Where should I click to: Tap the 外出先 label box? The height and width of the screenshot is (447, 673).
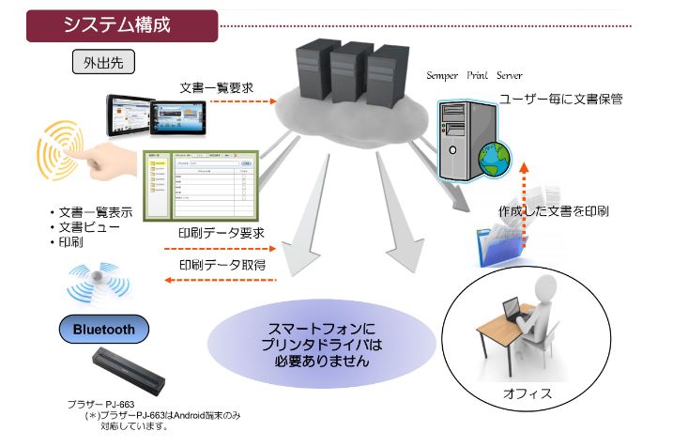coord(103,63)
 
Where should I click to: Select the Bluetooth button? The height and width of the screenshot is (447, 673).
coord(103,329)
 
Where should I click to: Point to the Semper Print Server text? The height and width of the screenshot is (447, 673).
coord(474,75)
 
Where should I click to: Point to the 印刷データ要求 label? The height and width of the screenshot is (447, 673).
coord(221,233)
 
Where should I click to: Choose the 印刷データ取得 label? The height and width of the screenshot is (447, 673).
coord(222,265)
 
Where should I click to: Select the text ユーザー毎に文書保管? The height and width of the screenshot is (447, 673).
coord(561,97)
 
